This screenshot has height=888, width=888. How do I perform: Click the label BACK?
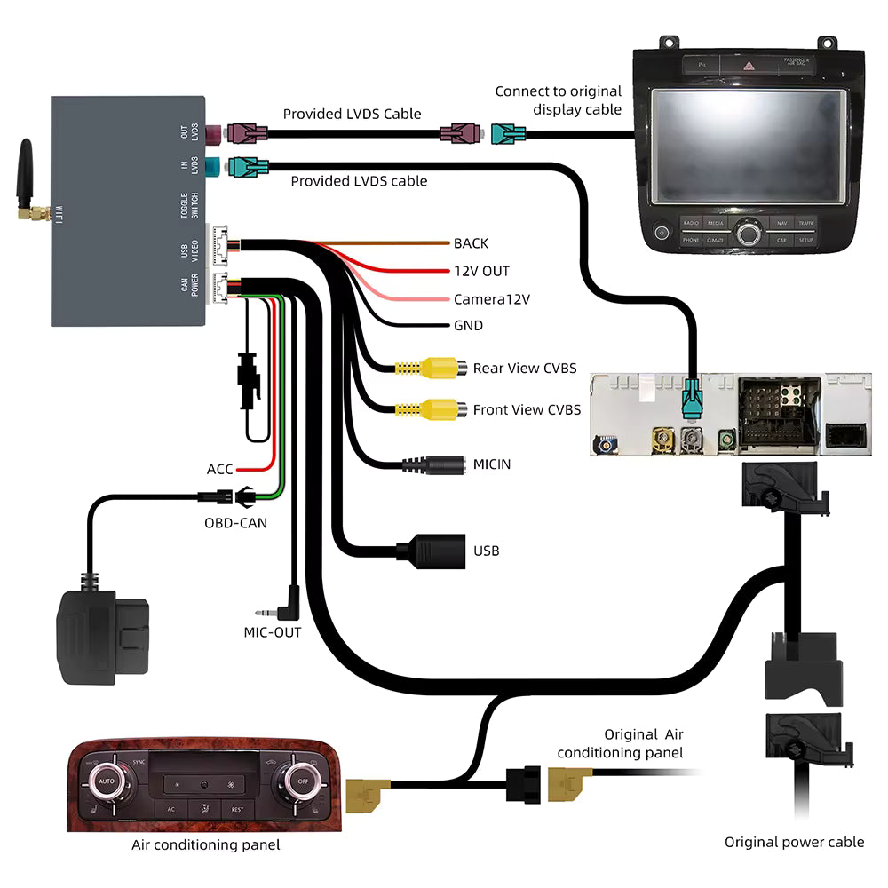(x=471, y=243)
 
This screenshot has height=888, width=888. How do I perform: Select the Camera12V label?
(x=491, y=299)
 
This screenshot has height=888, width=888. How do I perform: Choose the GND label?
(x=468, y=326)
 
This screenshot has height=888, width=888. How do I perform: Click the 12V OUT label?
(x=481, y=271)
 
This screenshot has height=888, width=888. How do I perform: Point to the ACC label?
(x=219, y=469)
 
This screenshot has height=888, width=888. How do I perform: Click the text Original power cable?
(x=794, y=842)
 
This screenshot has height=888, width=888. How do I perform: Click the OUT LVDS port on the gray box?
(x=214, y=134)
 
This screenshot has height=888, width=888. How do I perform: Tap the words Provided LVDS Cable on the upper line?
(x=352, y=114)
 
